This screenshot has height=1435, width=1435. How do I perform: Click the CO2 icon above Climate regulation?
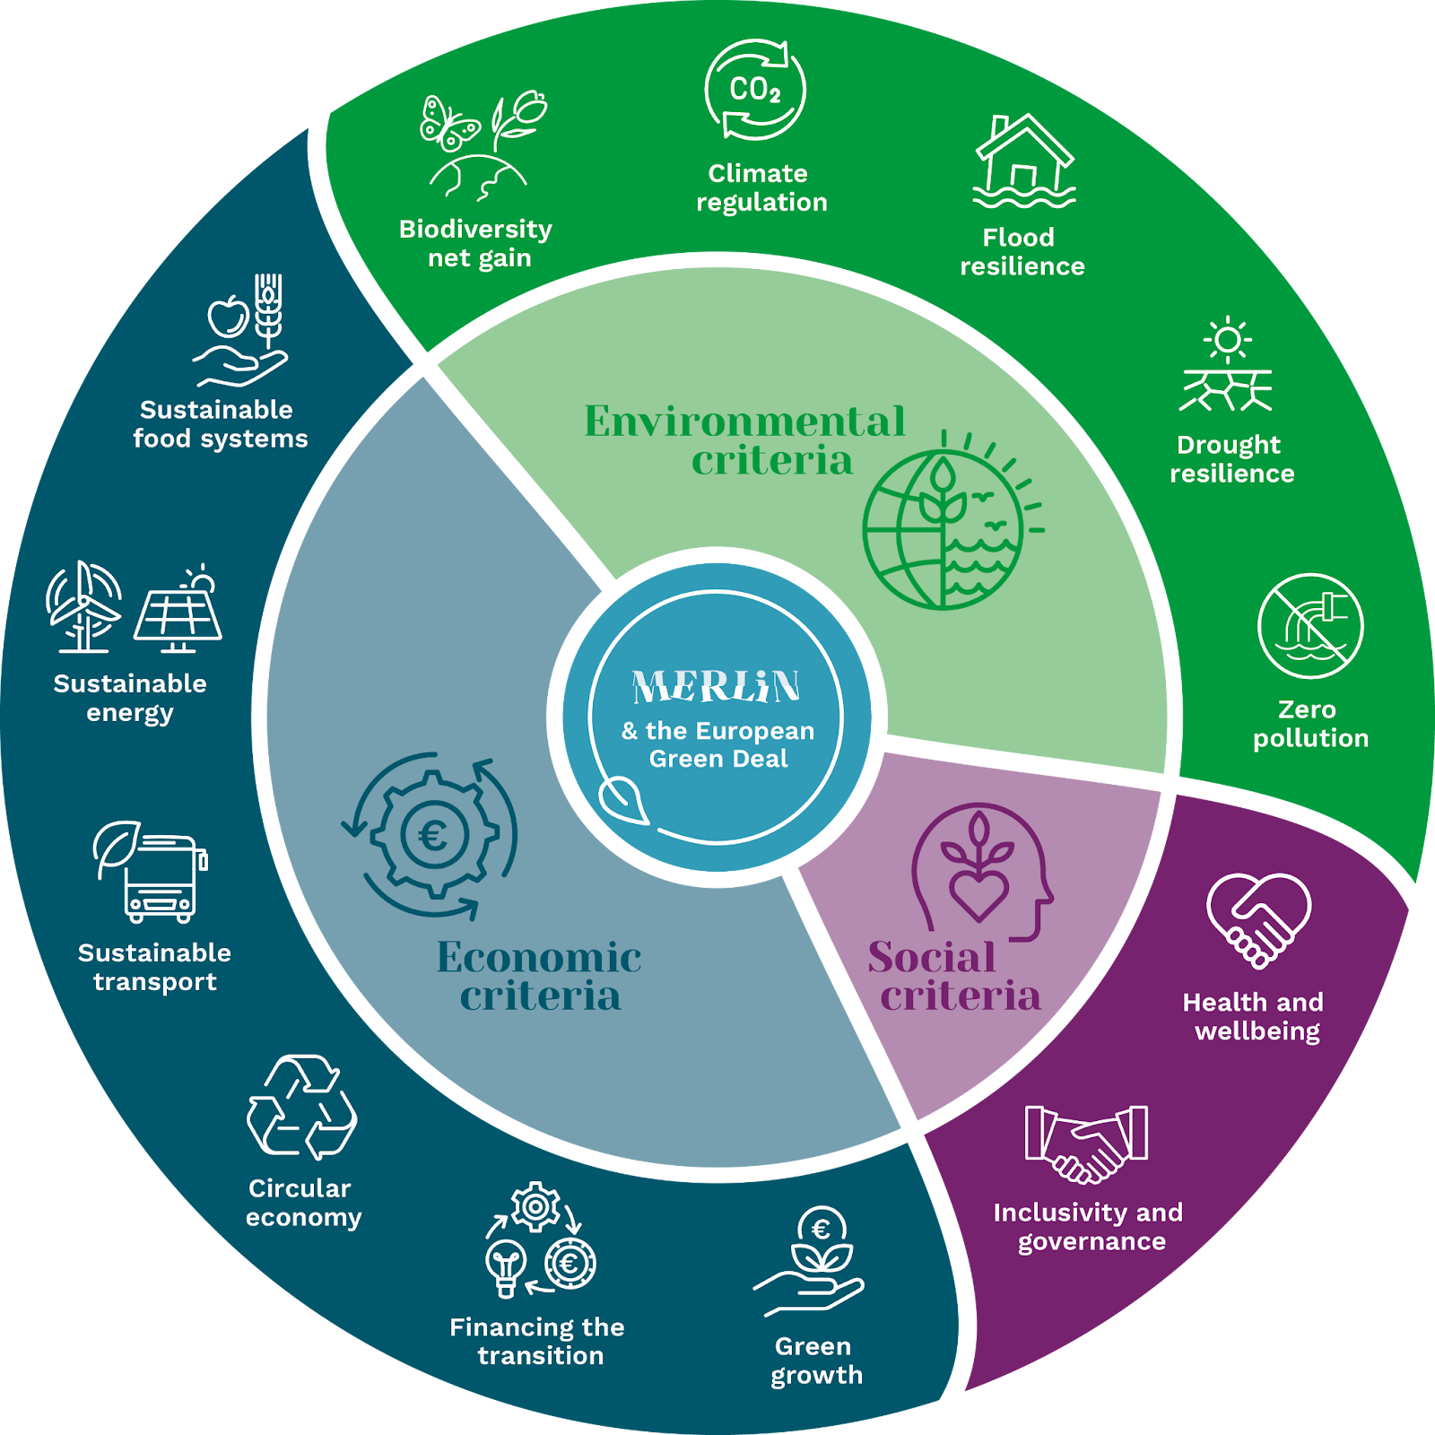click(x=755, y=90)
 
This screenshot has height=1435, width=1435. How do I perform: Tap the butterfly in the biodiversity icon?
click(x=448, y=124)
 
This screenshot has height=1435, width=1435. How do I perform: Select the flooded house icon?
click(x=1024, y=161)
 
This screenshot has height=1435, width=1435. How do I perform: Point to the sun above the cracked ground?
click(x=1228, y=340)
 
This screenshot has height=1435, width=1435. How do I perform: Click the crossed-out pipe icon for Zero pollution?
click(x=1310, y=626)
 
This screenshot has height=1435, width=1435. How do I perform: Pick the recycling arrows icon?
click(x=301, y=1109)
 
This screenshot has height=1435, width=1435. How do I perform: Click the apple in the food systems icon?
click(x=228, y=316)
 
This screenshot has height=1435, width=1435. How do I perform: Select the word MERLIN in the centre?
click(x=716, y=687)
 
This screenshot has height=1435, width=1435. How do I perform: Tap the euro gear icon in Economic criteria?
click(x=434, y=836)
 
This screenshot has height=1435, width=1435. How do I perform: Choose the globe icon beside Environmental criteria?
click(x=942, y=529)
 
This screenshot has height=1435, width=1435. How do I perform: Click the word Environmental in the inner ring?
click(x=744, y=422)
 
